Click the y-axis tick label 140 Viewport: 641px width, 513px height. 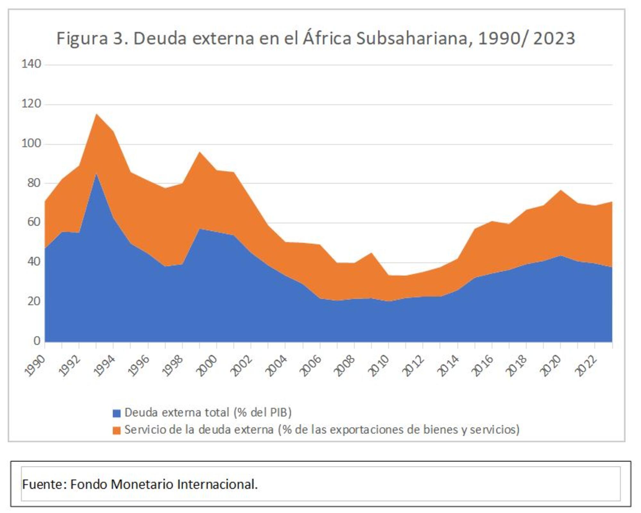point(31,64)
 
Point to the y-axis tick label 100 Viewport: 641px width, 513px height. point(31,143)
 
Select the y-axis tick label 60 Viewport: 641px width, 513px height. point(34,222)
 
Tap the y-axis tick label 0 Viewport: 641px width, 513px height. point(37,341)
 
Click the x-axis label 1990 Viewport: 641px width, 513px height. point(35,366)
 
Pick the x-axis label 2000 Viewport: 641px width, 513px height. point(207,366)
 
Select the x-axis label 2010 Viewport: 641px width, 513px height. point(379,366)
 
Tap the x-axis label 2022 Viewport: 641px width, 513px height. point(585,366)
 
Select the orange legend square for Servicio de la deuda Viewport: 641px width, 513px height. point(117,430)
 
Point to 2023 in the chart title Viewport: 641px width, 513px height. point(554,38)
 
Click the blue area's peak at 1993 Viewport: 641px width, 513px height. point(96,174)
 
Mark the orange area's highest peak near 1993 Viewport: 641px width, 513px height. point(96,114)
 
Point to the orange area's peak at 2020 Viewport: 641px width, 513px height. point(561,190)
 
